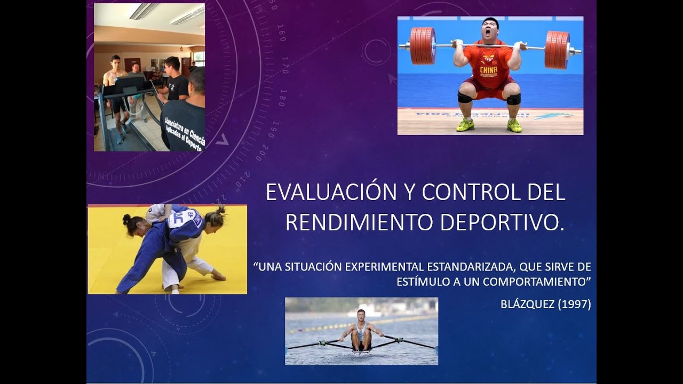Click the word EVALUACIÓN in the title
point(331,192)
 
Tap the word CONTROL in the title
point(471,192)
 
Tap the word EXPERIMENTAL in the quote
point(385,267)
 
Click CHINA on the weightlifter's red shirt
point(488,70)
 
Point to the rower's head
point(361,315)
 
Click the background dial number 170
point(285,65)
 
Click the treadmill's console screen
point(129,82)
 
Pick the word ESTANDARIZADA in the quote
point(470,267)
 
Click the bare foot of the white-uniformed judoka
point(218,277)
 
